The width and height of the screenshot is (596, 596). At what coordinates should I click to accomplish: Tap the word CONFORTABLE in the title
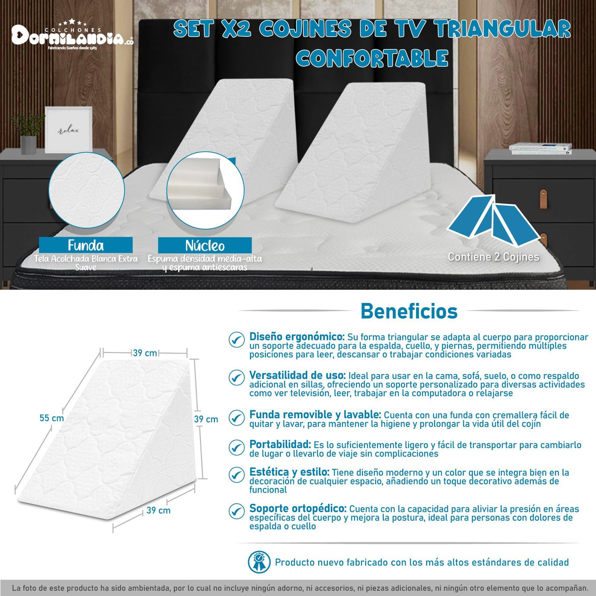click(372, 58)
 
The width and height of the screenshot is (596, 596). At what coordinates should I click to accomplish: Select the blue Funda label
click(86, 245)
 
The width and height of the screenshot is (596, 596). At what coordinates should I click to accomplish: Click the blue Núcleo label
click(205, 245)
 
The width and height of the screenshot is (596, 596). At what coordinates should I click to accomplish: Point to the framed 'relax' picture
click(69, 130)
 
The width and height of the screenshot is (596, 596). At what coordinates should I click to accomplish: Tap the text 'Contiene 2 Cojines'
click(493, 257)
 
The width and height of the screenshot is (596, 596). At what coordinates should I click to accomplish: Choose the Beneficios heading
click(409, 311)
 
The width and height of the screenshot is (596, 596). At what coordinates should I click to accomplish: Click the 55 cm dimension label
click(52, 418)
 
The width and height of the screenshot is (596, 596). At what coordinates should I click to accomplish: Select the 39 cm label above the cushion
click(145, 353)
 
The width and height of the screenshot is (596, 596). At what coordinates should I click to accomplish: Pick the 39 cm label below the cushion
click(158, 511)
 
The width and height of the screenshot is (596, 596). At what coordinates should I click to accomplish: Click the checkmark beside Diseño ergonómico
click(237, 339)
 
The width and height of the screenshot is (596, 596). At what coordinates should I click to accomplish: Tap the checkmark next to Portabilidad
click(237, 447)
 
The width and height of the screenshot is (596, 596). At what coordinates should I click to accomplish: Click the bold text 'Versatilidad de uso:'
click(298, 376)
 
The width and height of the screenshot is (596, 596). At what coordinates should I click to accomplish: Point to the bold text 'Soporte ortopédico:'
click(298, 509)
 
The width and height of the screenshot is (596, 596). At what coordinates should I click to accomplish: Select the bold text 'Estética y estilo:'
click(289, 472)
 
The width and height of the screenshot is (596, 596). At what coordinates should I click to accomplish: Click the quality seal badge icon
click(259, 562)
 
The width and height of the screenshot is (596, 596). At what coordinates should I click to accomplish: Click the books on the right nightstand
click(540, 148)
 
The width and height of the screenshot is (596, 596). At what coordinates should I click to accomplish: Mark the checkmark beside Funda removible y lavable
click(237, 418)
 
